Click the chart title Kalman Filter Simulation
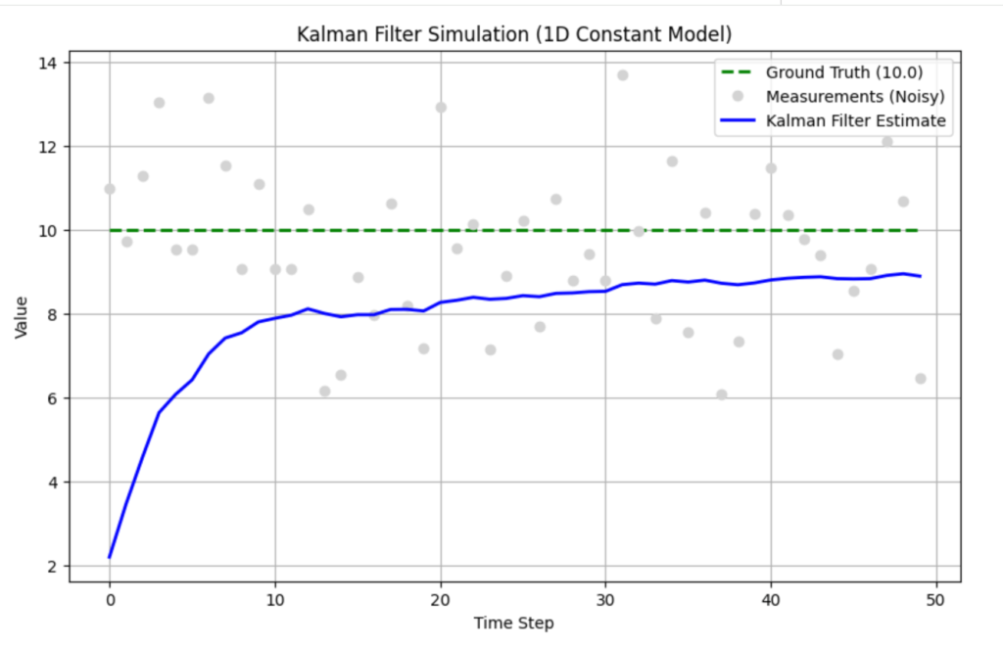(514, 34)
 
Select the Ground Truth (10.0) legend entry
(843, 71)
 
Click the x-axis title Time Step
(514, 622)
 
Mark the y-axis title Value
(22, 315)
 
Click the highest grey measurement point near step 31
(622, 75)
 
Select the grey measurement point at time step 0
(110, 189)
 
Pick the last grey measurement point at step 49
(920, 379)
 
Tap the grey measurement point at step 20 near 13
(441, 108)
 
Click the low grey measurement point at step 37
(722, 394)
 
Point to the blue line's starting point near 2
(110, 557)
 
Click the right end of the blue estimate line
(920, 276)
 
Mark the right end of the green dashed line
(920, 230)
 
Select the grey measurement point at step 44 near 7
(837, 354)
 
